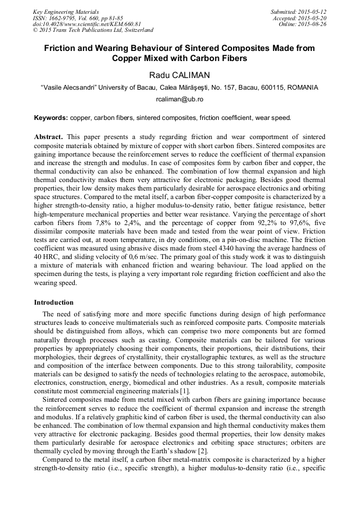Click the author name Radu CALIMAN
point(179,75)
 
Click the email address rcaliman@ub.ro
point(179,99)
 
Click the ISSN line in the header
point(78,18)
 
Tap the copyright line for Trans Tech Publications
point(93,30)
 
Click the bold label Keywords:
point(51,117)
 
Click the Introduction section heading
point(54,303)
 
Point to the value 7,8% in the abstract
point(104,223)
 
